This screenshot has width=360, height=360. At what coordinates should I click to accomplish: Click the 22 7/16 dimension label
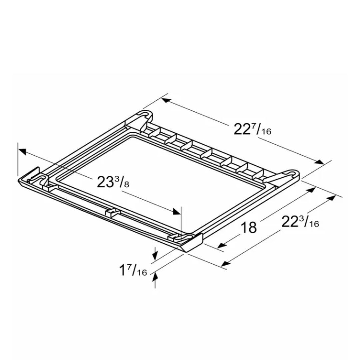[252, 129]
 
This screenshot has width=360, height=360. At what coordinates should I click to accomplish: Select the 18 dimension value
[248, 228]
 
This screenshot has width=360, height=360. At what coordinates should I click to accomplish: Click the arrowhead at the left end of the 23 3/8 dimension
[22, 151]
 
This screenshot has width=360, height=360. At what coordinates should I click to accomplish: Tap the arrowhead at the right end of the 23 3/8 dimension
[176, 212]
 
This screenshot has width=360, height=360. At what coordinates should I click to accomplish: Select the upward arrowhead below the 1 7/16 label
[155, 276]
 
